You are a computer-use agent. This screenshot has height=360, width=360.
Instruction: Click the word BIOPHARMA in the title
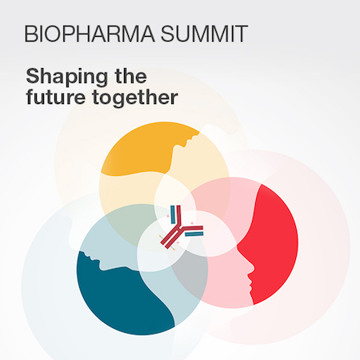[x=90, y=34]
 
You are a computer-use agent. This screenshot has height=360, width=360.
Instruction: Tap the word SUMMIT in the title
[x=204, y=34]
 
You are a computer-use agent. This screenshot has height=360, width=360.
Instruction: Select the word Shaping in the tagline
[x=67, y=77]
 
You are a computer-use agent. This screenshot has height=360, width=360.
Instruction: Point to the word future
[x=55, y=97]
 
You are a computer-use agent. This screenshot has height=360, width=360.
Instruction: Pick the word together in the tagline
[x=135, y=98]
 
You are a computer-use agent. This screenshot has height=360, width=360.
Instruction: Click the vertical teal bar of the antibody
[x=173, y=214]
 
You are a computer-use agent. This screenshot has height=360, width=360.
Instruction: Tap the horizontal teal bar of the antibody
[x=194, y=234]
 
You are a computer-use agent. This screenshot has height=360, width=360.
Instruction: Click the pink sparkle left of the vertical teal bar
[x=168, y=217]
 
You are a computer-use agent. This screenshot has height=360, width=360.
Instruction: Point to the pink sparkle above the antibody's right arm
[x=191, y=223]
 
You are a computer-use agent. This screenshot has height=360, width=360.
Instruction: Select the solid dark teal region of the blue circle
[x=120, y=298]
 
